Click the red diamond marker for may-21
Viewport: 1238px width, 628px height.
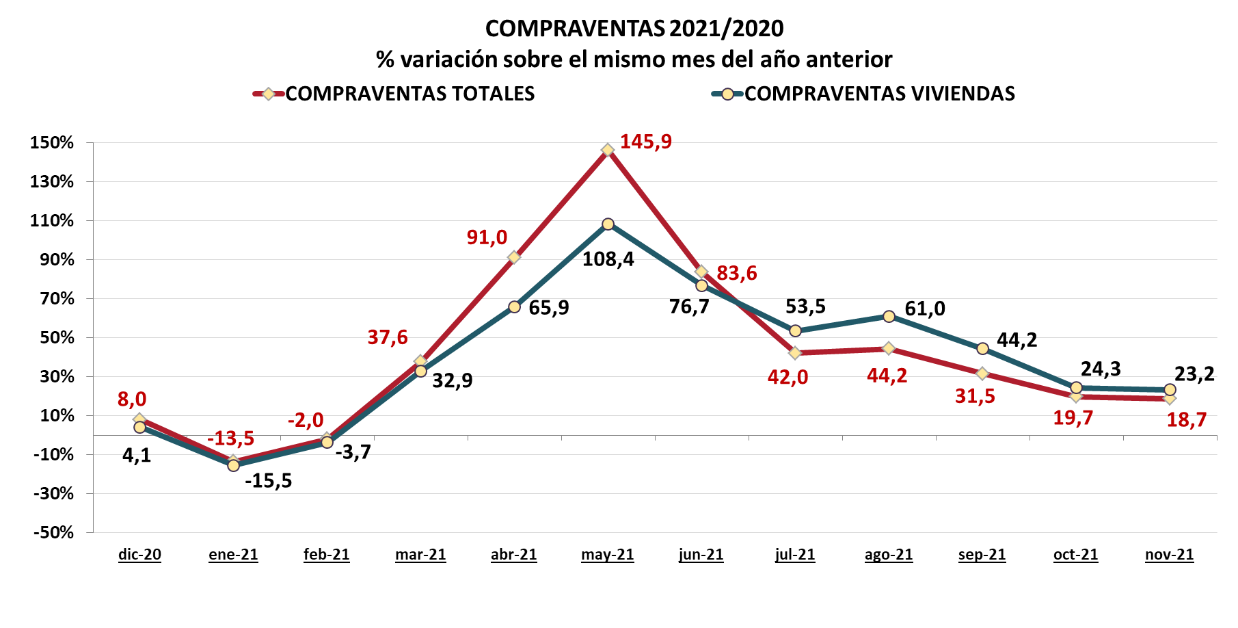[608, 150]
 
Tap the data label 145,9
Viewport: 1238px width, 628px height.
[645, 142]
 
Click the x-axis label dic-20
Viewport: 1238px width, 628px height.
[139, 554]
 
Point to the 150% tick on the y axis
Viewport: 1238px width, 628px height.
[52, 143]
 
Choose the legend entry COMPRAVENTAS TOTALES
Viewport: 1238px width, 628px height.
[409, 94]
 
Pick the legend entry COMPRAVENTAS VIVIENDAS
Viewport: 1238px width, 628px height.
[879, 94]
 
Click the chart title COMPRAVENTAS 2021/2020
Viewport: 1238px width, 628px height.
[634, 28]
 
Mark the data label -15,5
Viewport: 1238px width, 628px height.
[268, 481]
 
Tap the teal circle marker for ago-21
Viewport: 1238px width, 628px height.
[889, 317]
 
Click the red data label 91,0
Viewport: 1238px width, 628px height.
[487, 237]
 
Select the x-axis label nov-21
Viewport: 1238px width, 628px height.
[1169, 554]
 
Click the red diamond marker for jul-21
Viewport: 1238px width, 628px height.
[795, 353]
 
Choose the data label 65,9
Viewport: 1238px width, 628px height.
[548, 308]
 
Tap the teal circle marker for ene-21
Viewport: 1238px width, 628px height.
[233, 465]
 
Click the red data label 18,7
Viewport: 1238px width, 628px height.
[1186, 420]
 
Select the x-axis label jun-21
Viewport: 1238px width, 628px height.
[701, 554]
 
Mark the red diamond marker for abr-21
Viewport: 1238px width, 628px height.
[514, 257]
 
